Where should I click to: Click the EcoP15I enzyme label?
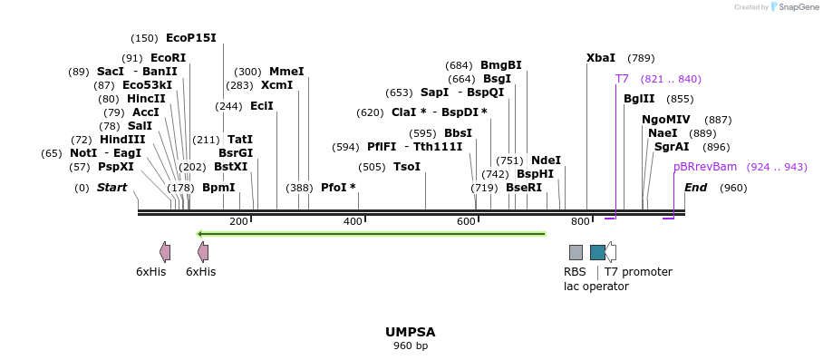190,38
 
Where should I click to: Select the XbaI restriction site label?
600,58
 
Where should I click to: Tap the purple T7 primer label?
622,79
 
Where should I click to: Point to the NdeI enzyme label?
546,161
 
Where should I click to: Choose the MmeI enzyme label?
286,72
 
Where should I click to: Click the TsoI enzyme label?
406,167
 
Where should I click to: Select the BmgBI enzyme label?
500,65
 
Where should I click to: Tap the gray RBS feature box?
576,252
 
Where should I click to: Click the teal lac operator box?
597,252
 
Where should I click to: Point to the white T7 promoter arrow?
611,252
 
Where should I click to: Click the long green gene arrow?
372,234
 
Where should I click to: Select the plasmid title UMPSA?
411,332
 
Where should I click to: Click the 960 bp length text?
411,346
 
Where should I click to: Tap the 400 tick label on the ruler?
353,221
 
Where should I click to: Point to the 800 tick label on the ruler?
579,221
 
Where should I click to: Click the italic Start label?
111,188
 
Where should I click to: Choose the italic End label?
695,188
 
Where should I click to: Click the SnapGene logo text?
797,7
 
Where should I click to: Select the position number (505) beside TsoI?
372,167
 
